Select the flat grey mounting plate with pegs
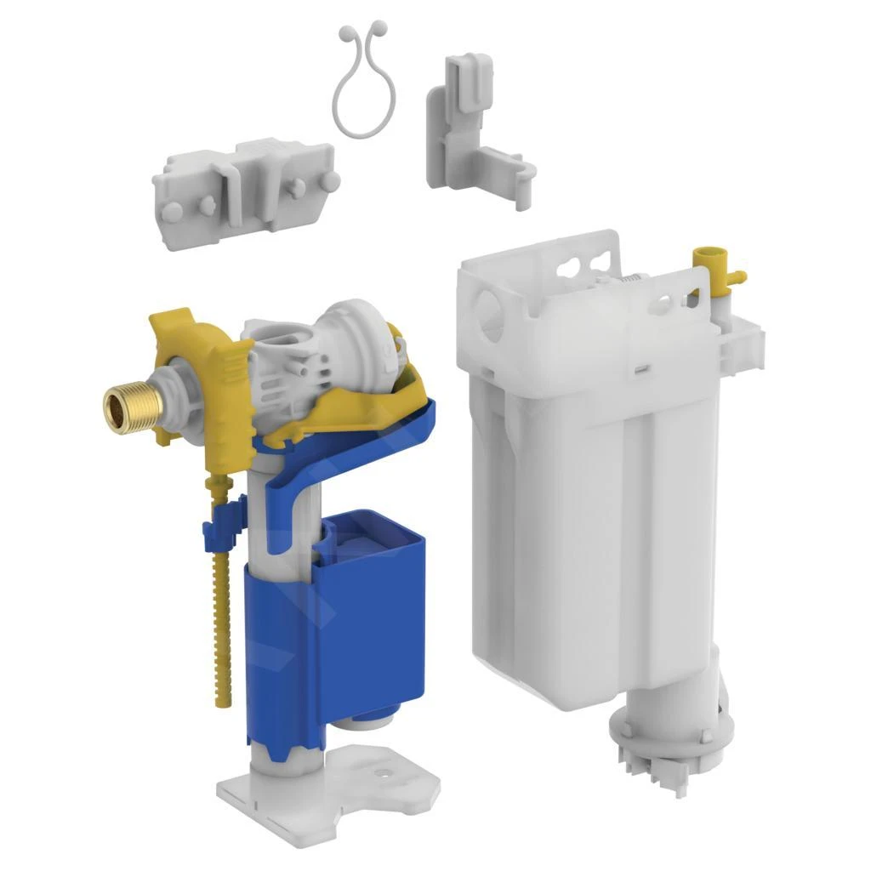[x=247, y=183]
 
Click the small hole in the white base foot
[x=380, y=774]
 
